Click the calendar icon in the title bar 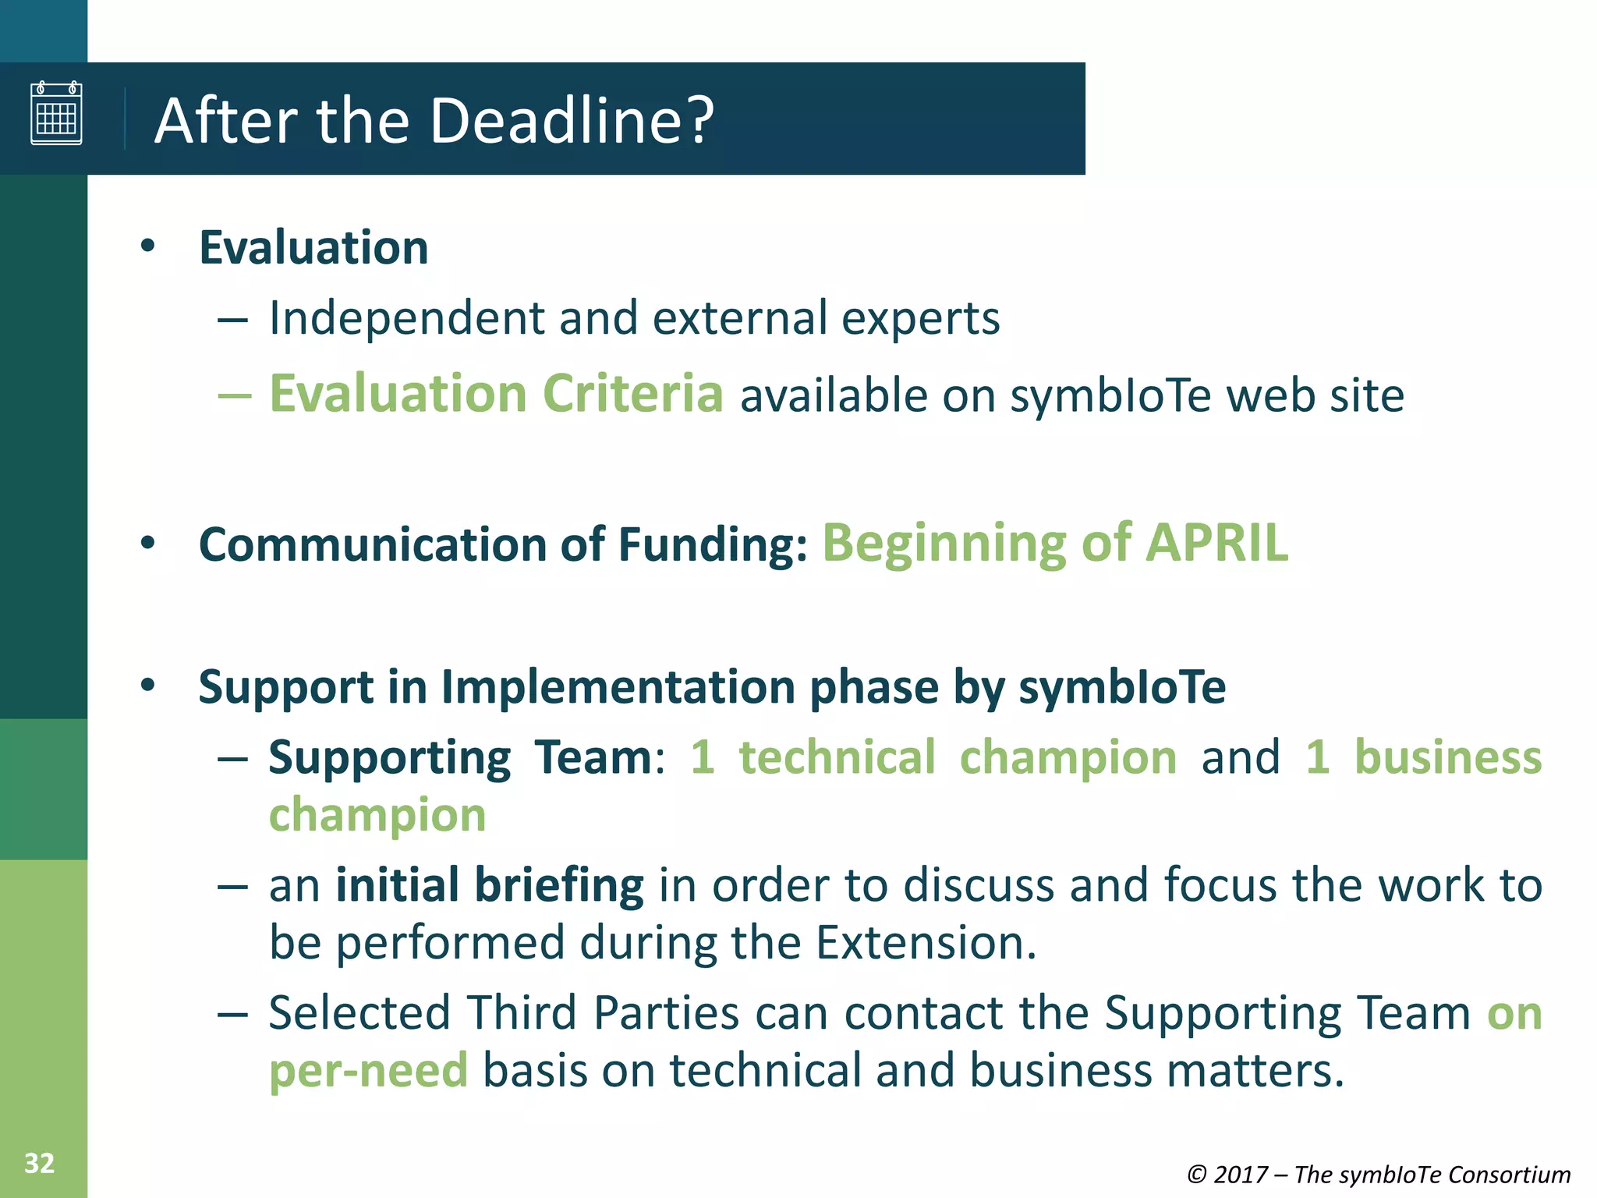(56, 113)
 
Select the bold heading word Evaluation (313, 248)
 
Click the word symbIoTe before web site (1110, 395)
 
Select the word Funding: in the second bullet (713, 544)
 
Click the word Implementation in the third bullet (620, 687)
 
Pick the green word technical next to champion (837, 757)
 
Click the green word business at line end (1447, 757)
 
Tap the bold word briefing (559, 886)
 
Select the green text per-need (368, 1070)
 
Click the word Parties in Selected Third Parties (666, 1013)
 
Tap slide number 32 (39, 1164)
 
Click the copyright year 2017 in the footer (1241, 1175)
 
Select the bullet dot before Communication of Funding (148, 543)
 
